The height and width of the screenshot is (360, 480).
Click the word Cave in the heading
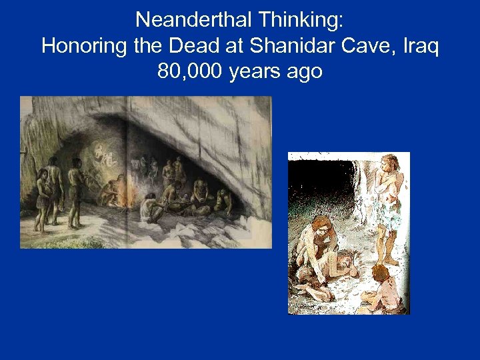(x=347, y=46)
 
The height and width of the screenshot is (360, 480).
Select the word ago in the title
(x=304, y=71)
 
